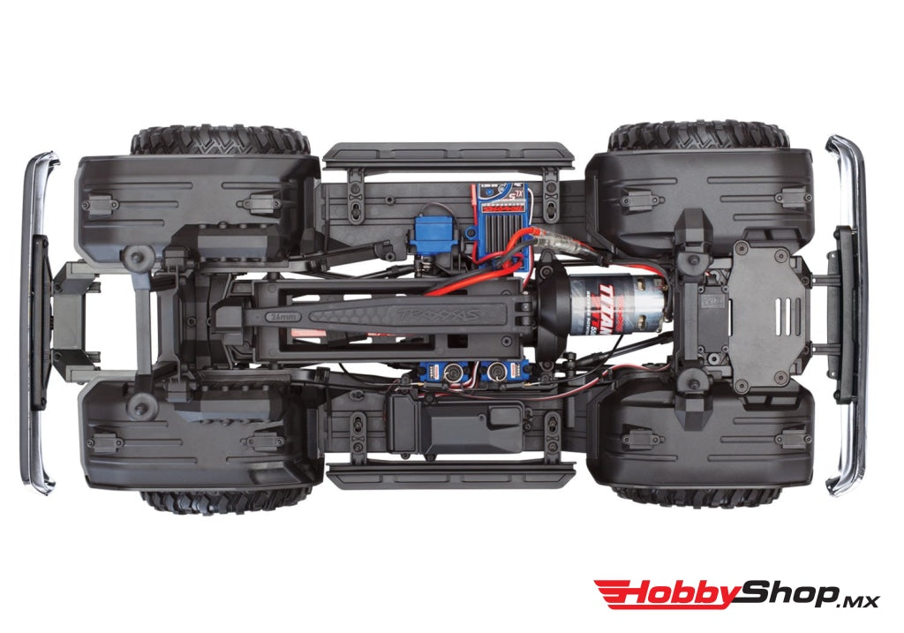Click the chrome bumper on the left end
click(x=40, y=322)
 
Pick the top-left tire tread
click(x=221, y=140)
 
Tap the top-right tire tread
click(x=698, y=135)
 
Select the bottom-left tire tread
click(x=226, y=501)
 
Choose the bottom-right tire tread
click(x=698, y=496)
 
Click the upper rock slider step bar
click(x=448, y=155)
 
